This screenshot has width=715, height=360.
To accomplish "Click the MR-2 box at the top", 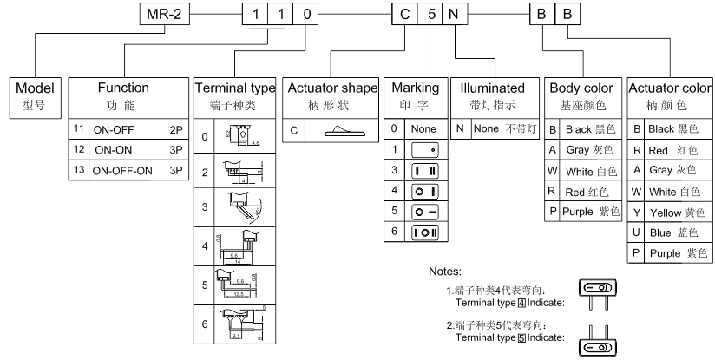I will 163,15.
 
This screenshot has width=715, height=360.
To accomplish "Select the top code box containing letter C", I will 403,15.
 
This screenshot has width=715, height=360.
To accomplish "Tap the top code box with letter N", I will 455,15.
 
